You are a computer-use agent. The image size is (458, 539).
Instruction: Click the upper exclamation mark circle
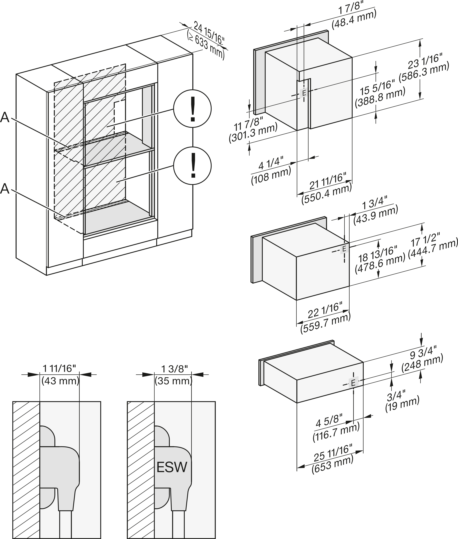pos(192,109)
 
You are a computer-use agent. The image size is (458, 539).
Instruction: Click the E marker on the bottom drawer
pos(353,383)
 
